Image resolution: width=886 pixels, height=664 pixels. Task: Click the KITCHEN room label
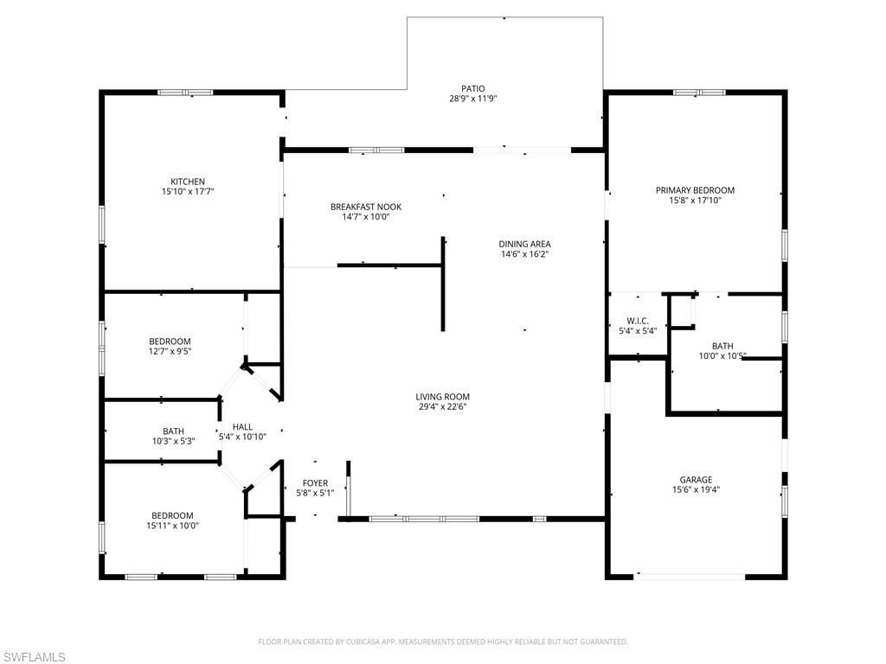[187, 182]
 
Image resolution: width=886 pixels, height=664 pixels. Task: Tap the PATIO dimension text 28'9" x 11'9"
[472, 99]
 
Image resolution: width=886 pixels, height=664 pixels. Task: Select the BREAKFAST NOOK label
[365, 207]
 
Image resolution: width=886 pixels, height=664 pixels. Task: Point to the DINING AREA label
[524, 244]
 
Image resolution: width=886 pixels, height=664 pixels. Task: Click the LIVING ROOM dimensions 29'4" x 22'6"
[442, 408]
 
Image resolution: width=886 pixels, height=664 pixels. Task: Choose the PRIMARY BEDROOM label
[695, 190]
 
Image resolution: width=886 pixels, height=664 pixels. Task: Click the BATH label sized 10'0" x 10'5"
[722, 346]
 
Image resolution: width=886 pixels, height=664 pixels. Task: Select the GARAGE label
[696, 479]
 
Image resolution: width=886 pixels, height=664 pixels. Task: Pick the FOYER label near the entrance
[315, 482]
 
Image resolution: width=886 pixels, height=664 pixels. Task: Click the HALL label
[242, 426]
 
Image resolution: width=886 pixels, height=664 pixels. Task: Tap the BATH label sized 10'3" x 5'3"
[173, 431]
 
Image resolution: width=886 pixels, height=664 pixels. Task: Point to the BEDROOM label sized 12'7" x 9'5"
[170, 342]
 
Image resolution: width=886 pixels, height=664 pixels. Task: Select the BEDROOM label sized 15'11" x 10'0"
[170, 515]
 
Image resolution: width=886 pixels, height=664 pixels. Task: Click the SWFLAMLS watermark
[33, 657]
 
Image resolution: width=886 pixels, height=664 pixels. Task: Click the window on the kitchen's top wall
[185, 93]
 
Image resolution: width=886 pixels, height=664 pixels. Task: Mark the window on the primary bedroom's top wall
[699, 93]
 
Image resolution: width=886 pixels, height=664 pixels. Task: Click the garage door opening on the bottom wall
[690, 575]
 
